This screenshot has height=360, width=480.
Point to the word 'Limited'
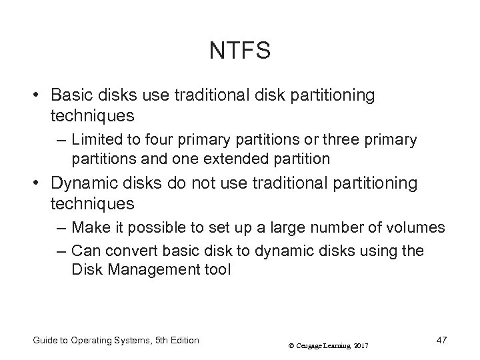pyautogui.click(x=94, y=140)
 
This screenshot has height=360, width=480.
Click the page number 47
pyautogui.click(x=441, y=340)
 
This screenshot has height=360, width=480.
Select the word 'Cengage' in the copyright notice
pyautogui.click(x=304, y=345)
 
